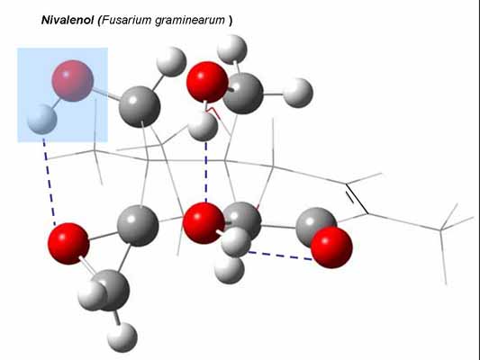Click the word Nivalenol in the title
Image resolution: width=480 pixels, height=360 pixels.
(x=68, y=20)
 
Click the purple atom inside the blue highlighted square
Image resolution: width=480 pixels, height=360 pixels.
(x=73, y=81)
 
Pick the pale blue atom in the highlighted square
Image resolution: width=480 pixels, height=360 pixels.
(x=42, y=119)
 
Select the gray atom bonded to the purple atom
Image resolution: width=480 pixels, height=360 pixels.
(x=140, y=106)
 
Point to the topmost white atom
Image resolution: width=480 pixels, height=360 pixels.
(x=231, y=49)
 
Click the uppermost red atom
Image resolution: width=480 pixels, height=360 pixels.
(x=207, y=82)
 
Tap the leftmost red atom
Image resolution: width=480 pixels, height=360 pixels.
(x=68, y=244)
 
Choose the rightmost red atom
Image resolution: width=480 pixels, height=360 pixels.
(x=331, y=247)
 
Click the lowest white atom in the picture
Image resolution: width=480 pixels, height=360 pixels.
(x=122, y=337)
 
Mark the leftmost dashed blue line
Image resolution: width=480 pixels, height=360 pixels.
(x=49, y=183)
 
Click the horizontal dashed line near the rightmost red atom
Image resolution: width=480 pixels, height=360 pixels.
(x=279, y=256)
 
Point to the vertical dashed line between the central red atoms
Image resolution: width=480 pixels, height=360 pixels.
(x=206, y=172)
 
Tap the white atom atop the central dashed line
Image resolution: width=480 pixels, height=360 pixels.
(x=203, y=126)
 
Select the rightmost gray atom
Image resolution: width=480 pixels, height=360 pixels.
(x=316, y=226)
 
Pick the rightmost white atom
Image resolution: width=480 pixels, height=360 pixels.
(x=298, y=93)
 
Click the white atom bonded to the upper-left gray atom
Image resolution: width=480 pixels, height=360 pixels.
(x=171, y=62)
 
